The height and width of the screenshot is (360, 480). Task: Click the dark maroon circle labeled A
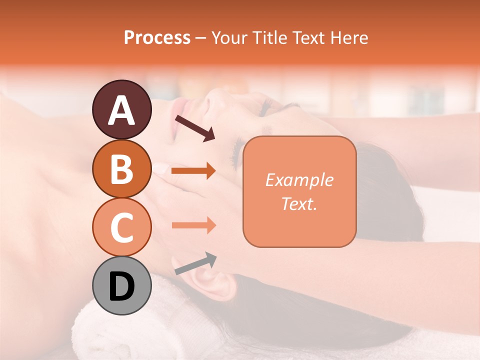(x=121, y=109)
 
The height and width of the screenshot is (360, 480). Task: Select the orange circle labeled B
(x=121, y=168)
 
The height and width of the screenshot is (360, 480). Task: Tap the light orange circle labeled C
(x=121, y=227)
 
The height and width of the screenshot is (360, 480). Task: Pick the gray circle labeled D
(x=121, y=285)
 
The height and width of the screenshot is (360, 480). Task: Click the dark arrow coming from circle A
(x=195, y=128)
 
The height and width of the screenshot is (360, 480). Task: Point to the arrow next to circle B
(x=193, y=171)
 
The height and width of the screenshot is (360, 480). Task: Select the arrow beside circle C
(x=193, y=225)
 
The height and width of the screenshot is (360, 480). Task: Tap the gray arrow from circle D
(x=195, y=263)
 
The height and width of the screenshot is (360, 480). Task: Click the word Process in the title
(x=157, y=38)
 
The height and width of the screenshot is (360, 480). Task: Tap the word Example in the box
(x=299, y=180)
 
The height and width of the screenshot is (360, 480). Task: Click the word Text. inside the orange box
(x=299, y=203)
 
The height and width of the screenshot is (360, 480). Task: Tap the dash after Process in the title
(x=201, y=38)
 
